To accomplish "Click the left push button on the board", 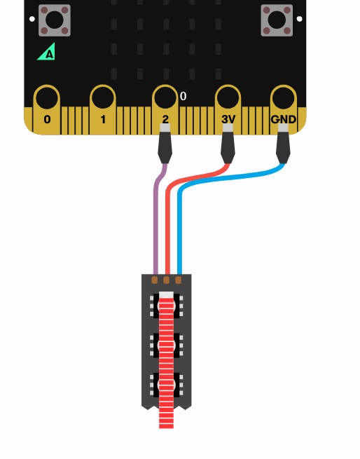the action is tap(55, 20).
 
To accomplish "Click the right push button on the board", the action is tap(277, 20).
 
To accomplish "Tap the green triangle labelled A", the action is tap(47, 52).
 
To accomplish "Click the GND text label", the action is tap(284, 119).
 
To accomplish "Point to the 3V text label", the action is tap(228, 119).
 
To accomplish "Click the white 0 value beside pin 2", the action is tap(183, 96).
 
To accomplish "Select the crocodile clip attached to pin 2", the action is tap(165, 144).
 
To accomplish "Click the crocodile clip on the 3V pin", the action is tap(228, 144).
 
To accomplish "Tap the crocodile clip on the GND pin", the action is tap(283, 144).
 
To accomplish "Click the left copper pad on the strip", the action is tap(155, 280).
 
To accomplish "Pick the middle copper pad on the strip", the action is tap(166, 280).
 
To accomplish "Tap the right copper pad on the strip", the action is tap(178, 280).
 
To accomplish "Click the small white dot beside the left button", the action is tap(32, 19).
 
